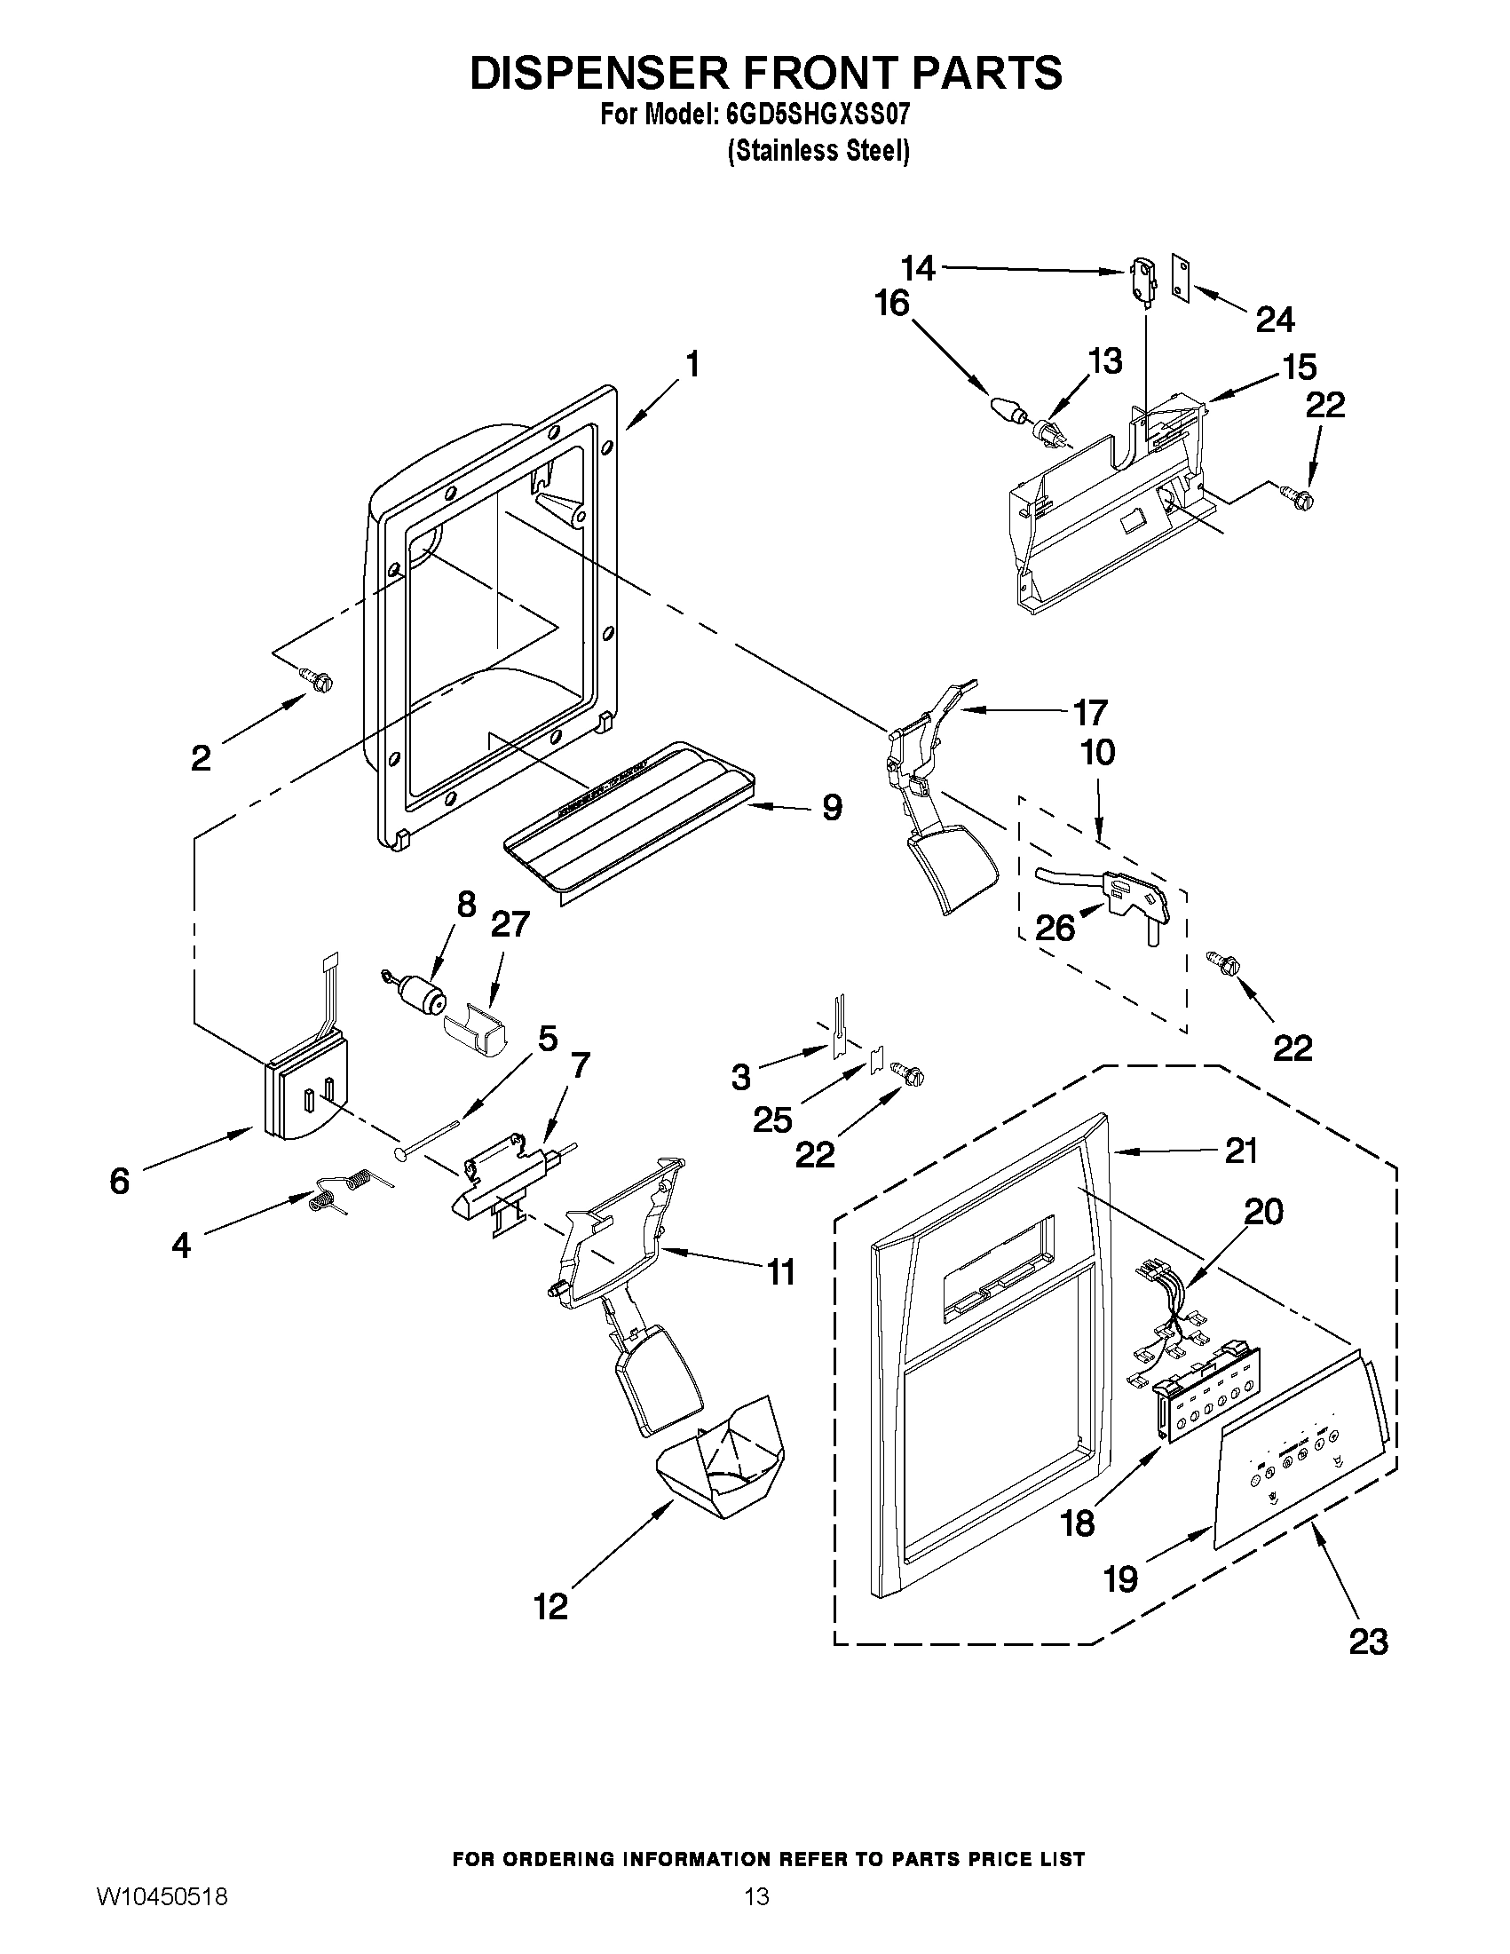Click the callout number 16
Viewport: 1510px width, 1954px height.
click(892, 305)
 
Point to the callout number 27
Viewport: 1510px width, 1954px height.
click(510, 924)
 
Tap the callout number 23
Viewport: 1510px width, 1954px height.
click(1368, 1642)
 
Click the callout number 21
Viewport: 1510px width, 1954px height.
click(1241, 1151)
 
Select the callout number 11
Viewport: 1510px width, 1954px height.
click(781, 1271)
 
